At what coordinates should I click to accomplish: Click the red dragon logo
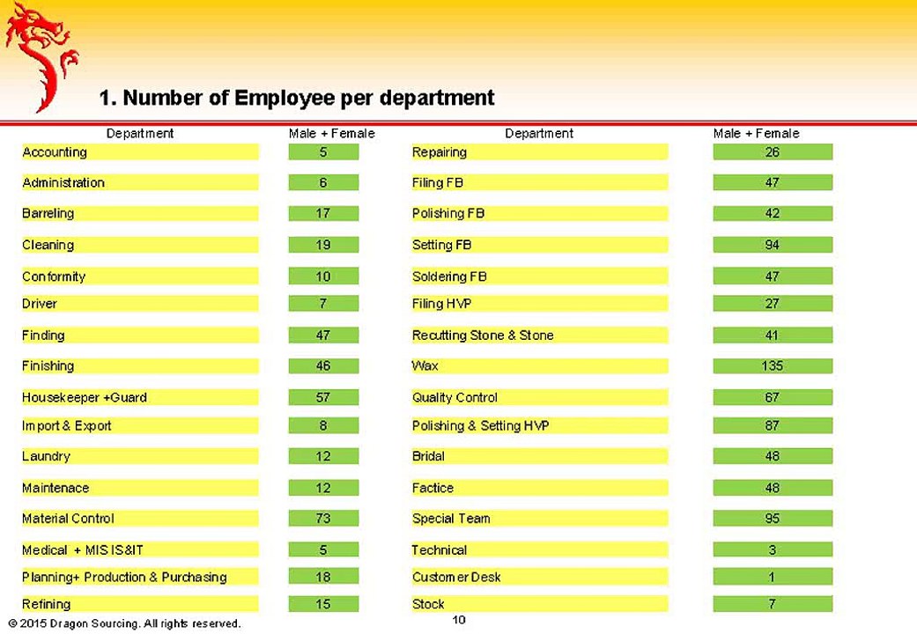point(40,55)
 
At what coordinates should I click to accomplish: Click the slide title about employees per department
point(297,98)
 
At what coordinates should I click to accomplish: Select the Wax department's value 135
point(772,365)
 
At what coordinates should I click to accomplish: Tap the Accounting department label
point(55,152)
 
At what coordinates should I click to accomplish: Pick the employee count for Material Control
point(323,519)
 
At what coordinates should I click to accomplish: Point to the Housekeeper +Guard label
point(85,397)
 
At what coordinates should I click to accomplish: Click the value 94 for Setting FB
point(772,245)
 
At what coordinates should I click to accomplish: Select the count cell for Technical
point(772,549)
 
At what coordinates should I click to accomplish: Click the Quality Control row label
point(455,397)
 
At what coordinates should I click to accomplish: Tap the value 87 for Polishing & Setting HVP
point(772,425)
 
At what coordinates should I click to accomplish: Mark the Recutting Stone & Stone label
point(483,335)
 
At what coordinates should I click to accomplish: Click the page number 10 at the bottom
point(459,620)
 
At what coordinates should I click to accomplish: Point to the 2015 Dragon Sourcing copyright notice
point(123,623)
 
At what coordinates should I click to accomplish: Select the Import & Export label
point(67,425)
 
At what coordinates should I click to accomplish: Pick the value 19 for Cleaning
point(323,245)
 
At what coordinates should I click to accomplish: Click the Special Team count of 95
point(772,519)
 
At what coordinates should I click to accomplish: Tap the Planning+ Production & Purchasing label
point(124,577)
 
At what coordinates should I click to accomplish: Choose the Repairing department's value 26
point(772,152)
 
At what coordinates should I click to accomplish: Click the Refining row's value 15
point(323,604)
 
